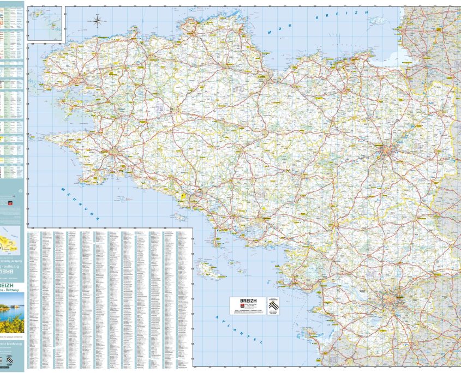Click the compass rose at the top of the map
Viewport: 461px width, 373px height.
pyautogui.click(x=99, y=22)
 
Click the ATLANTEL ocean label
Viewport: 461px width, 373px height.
pyautogui.click(x=240, y=329)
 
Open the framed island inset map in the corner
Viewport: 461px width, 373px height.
pyautogui.click(x=46, y=23)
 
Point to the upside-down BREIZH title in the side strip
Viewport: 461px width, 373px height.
pyautogui.click(x=12, y=272)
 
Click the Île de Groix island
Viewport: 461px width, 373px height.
pyautogui.click(x=179, y=216)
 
